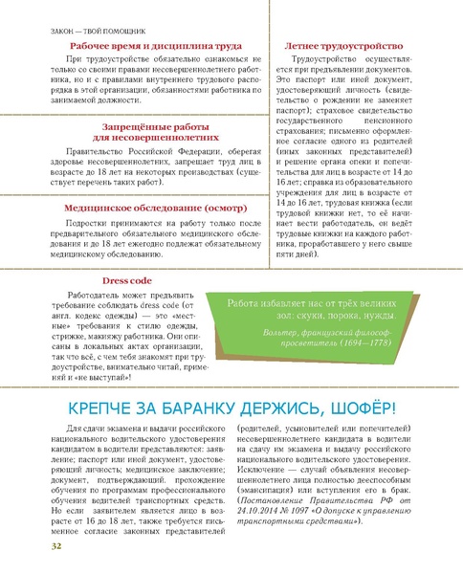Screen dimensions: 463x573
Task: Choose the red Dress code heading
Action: pyautogui.click(x=128, y=280)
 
